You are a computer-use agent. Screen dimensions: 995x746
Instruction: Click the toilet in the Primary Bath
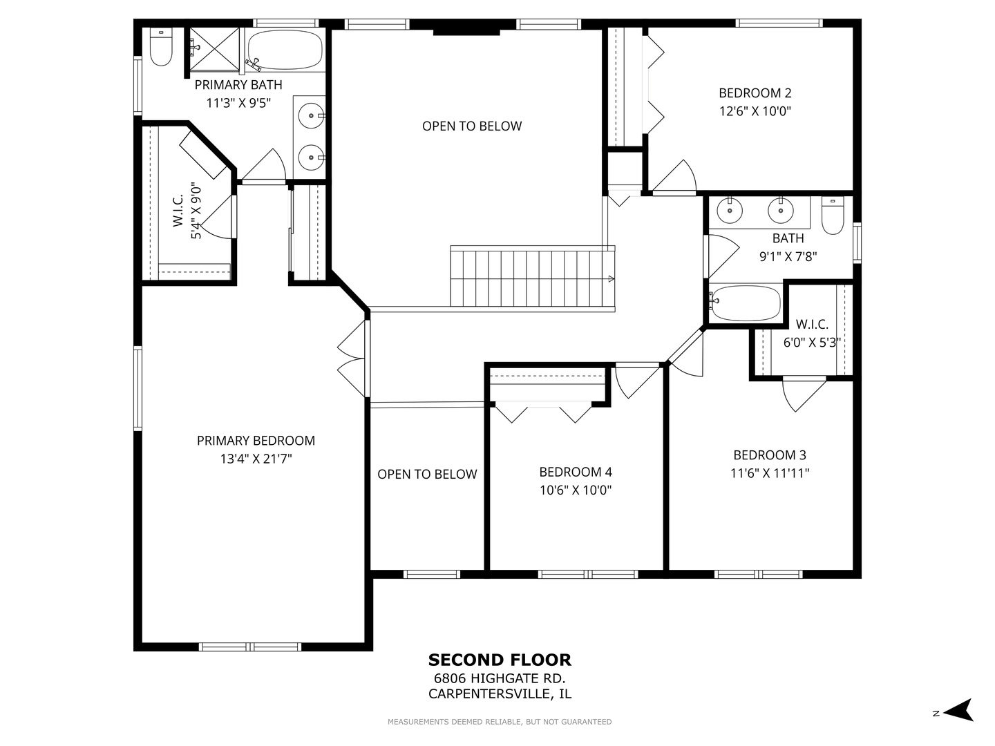(x=161, y=47)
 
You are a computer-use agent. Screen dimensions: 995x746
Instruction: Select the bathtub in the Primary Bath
(x=285, y=50)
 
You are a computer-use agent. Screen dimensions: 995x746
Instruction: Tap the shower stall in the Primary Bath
(x=214, y=49)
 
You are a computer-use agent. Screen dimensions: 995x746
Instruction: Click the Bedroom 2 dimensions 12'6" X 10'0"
(x=755, y=111)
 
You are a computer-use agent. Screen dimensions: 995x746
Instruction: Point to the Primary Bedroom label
(x=256, y=440)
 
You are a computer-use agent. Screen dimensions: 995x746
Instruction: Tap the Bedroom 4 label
(x=576, y=472)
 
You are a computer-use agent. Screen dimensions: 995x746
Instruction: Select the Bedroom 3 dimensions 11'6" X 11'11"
(x=770, y=473)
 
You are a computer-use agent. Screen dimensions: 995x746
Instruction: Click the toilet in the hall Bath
(x=833, y=216)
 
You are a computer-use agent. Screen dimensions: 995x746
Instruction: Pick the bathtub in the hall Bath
(x=746, y=303)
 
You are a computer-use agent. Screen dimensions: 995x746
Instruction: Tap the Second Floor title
(x=500, y=660)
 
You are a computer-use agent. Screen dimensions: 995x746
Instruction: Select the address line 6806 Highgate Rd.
(x=500, y=678)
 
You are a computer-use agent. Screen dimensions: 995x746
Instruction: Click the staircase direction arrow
(x=611, y=279)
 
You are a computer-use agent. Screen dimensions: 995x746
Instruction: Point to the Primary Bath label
(x=238, y=85)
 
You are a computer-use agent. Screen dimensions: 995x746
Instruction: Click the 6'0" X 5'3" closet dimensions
(x=812, y=343)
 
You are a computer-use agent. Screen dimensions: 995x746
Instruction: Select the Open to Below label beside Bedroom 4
(x=427, y=475)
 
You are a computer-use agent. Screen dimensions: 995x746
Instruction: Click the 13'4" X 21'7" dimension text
(x=256, y=459)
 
